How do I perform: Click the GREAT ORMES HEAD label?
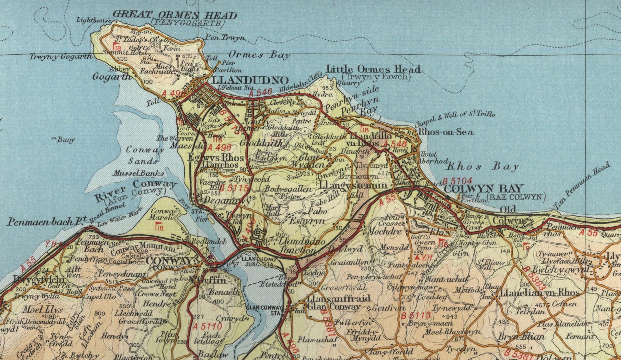pos(175,16)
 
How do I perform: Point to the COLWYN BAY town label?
pos(483,188)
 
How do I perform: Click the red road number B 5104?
pos(457,180)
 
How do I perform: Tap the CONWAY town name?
pos(168,261)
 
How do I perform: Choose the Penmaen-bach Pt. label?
pos(45,221)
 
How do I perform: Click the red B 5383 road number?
pos(534,279)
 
